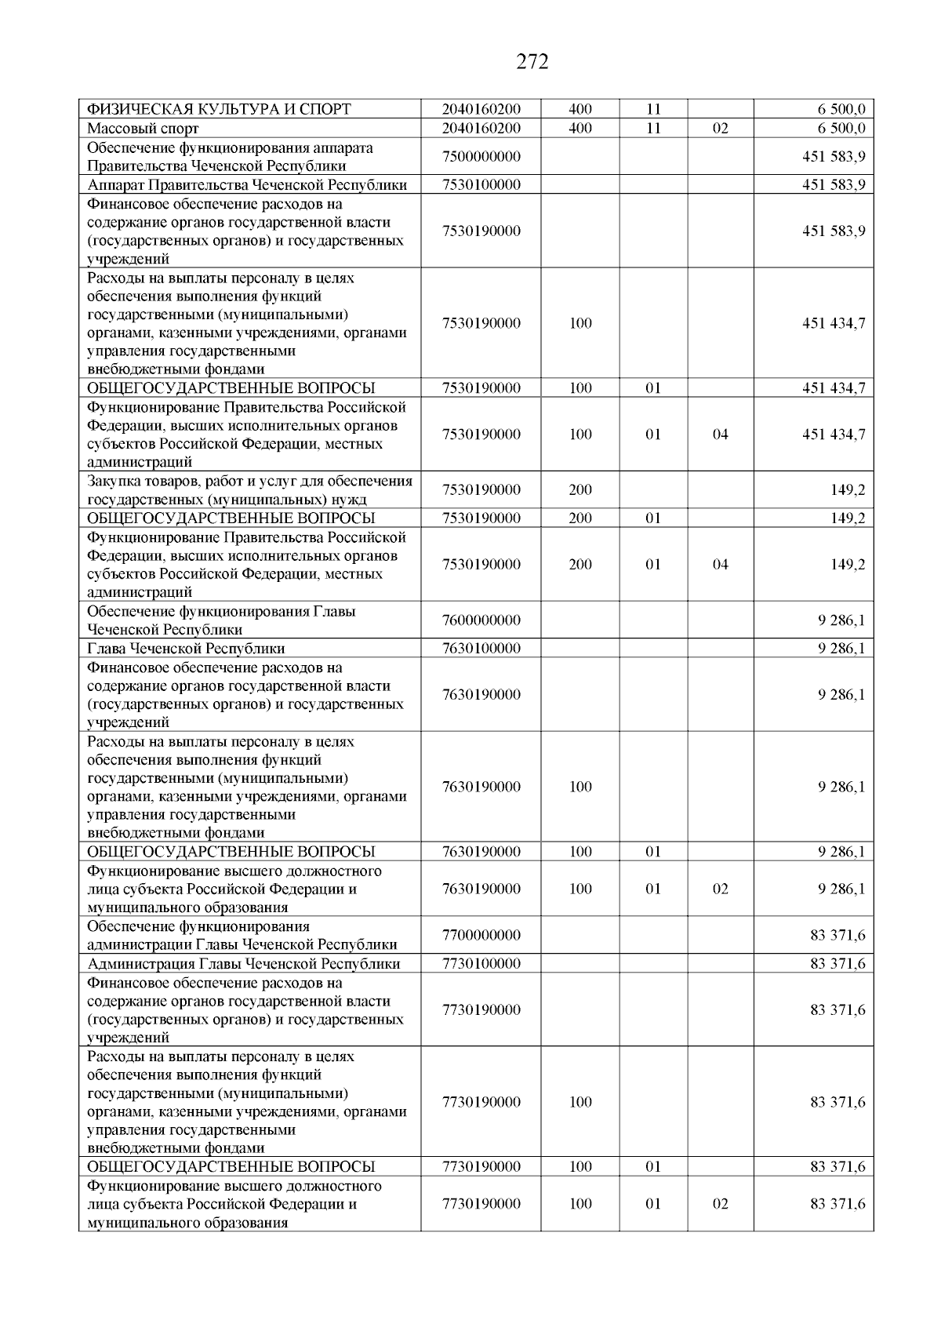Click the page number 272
click(x=532, y=62)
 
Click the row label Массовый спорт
click(x=143, y=129)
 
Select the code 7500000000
click(x=481, y=157)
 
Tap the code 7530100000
click(x=481, y=185)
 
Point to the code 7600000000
click(x=481, y=620)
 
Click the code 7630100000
click(x=481, y=649)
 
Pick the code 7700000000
click(x=481, y=936)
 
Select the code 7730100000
click(x=481, y=964)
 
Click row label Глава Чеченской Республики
click(x=186, y=649)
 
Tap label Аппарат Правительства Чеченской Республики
click(x=247, y=185)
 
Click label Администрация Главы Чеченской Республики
click(x=243, y=964)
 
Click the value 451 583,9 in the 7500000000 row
click(x=834, y=157)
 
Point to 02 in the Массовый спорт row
click(x=720, y=129)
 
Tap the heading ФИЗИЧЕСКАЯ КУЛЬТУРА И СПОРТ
click(x=218, y=109)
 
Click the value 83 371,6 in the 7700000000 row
click(x=837, y=936)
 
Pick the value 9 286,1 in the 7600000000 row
click(x=841, y=620)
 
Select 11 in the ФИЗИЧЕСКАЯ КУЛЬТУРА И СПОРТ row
click(x=653, y=109)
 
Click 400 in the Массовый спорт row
click(x=580, y=129)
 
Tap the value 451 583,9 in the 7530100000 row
click(x=834, y=185)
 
